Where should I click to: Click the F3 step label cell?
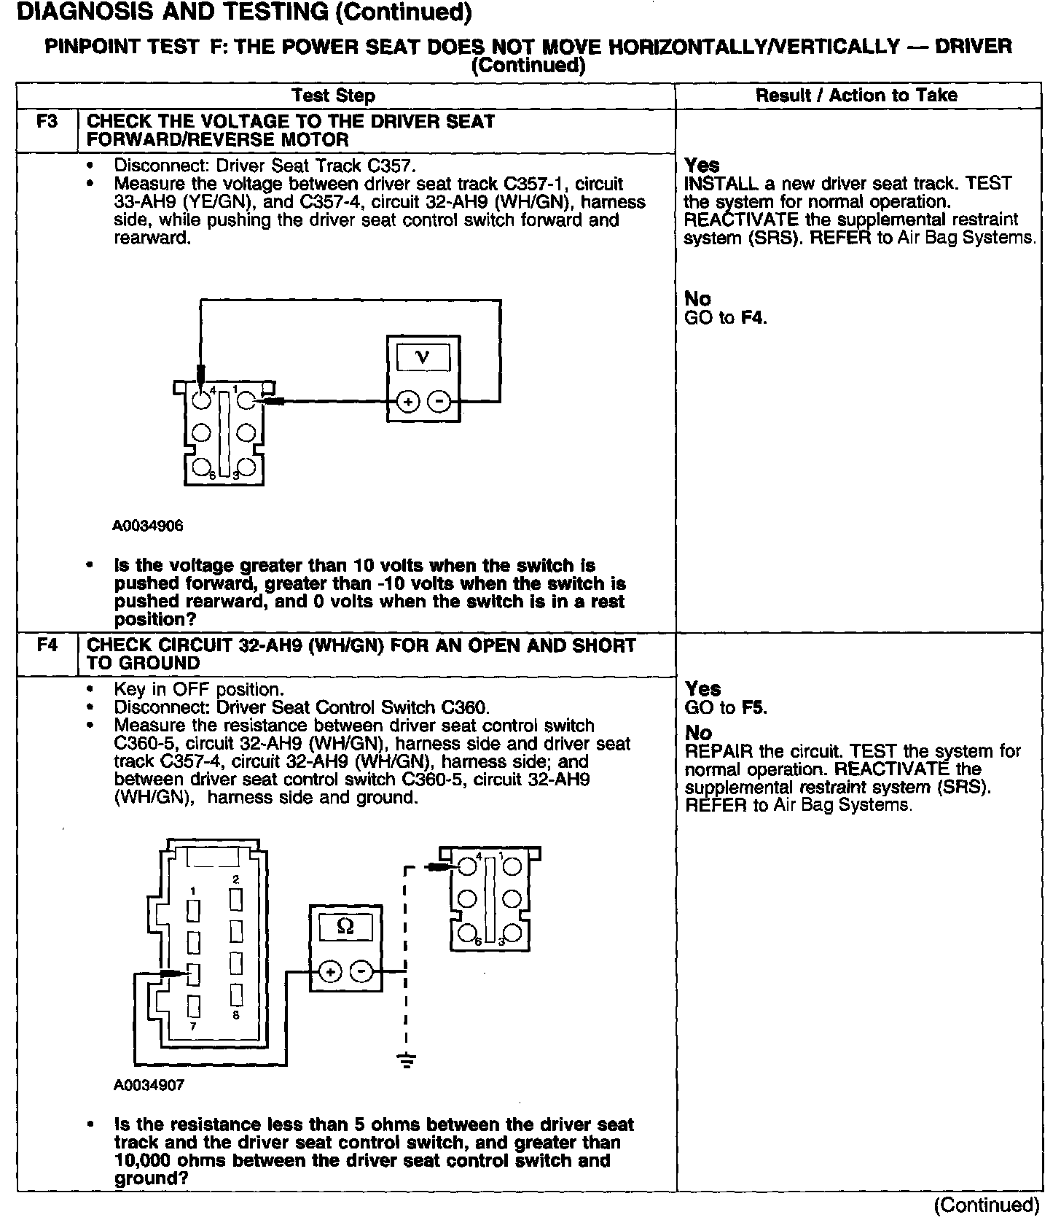(47, 121)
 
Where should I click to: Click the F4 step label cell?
(47, 645)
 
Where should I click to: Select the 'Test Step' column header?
(333, 96)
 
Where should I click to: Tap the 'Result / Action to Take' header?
(856, 96)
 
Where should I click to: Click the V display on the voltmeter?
(423, 357)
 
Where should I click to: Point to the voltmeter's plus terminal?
(408, 402)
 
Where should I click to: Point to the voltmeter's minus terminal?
(439, 402)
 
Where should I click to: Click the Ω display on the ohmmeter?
(346, 927)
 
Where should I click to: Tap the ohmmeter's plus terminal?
(331, 971)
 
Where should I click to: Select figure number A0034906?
(148, 526)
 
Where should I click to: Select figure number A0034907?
(149, 1085)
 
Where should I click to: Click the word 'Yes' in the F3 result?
(702, 166)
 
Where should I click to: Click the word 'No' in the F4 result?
(698, 733)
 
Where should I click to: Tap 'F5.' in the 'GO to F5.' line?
(754, 708)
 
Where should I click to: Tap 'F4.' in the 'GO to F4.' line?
(754, 318)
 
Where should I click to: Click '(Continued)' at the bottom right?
(987, 1205)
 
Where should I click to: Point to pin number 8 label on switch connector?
(236, 1014)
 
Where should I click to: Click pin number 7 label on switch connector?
(193, 1026)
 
